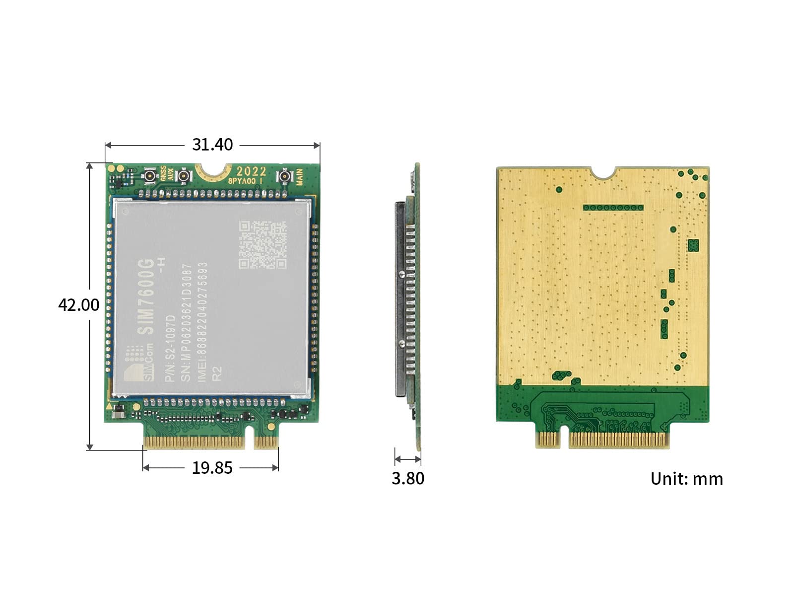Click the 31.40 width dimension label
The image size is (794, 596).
pyautogui.click(x=212, y=145)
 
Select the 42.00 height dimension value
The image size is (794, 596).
pyautogui.click(x=78, y=304)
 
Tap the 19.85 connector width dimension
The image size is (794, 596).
pyautogui.click(x=212, y=468)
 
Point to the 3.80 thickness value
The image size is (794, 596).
pyautogui.click(x=408, y=478)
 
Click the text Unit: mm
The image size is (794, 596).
pyautogui.click(x=686, y=479)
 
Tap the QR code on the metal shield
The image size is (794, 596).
pyautogui.click(x=263, y=245)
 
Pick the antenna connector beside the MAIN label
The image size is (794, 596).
pyautogui.click(x=284, y=176)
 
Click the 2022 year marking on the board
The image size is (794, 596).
pyautogui.click(x=251, y=171)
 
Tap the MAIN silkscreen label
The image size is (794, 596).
pyautogui.click(x=300, y=177)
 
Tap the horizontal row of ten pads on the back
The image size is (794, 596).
pyautogui.click(x=613, y=208)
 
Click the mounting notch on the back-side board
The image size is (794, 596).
pyautogui.click(x=605, y=172)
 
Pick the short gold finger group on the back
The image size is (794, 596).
pyautogui.click(x=548, y=439)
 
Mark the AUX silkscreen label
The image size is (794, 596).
pyautogui.click(x=171, y=175)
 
